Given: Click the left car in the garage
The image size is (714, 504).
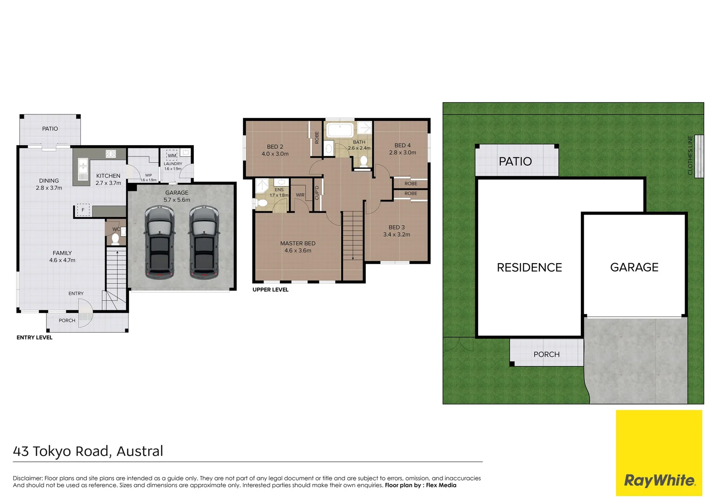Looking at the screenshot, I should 159,243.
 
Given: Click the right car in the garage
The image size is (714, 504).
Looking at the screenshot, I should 204,243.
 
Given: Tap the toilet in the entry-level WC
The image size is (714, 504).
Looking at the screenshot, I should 115,239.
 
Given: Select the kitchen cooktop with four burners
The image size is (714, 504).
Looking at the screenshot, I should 111,154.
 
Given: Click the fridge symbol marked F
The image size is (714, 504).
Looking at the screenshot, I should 83,210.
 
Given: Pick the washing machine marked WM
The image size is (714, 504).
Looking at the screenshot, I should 172,155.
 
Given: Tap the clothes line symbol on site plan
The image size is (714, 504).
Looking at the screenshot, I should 699,156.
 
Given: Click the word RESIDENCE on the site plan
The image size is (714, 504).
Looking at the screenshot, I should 529,267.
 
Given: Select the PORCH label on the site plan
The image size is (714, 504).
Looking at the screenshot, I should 546,354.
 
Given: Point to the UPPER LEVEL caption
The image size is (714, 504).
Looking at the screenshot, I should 270,290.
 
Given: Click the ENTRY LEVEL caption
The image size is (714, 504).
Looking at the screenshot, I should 35,337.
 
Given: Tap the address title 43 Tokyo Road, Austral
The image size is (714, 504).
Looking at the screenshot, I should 88,451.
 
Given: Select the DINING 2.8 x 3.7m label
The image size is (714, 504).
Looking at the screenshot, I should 49,184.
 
